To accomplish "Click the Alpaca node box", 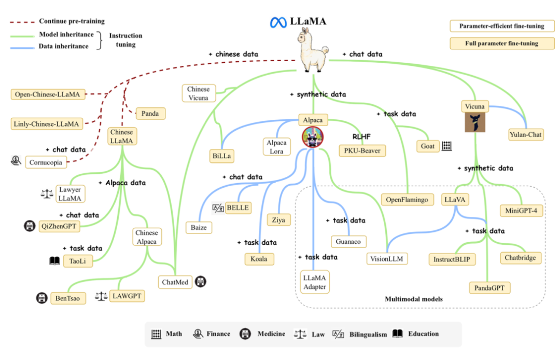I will (313, 120).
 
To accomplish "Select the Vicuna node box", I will (475, 106).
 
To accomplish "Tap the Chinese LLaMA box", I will (121, 136).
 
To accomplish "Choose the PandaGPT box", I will (489, 287).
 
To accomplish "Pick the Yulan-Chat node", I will (526, 135).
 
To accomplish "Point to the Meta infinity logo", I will (278, 22).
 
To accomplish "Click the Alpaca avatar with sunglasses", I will (313, 137).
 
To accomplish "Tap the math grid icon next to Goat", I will (447, 146).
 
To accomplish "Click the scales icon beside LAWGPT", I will (101, 296).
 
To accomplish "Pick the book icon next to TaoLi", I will (54, 261).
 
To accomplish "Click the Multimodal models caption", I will (413, 299).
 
